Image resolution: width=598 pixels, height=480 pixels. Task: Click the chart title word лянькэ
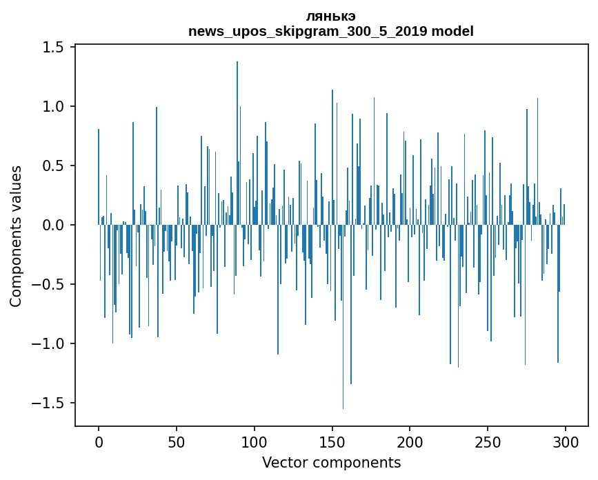coord(331,16)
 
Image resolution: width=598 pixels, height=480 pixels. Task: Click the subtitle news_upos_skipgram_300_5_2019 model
coord(331,31)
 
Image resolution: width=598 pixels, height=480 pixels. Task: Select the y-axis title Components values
coord(16,236)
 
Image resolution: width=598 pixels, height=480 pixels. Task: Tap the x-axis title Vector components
coord(331,462)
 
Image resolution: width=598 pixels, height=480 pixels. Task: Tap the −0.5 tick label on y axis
coord(48,284)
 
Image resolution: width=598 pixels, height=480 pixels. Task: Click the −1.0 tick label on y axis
coord(48,343)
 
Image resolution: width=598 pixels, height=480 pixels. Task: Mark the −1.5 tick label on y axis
coord(48,403)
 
